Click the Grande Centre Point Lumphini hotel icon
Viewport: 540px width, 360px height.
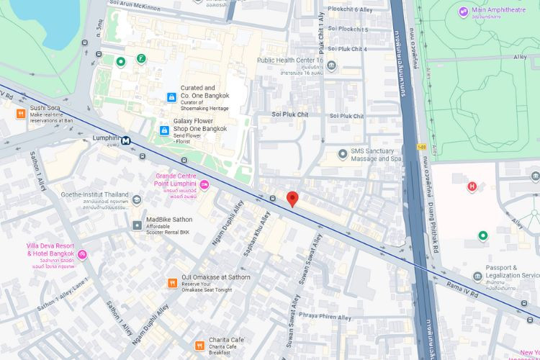point(204,185)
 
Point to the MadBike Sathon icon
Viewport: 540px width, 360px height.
point(137,225)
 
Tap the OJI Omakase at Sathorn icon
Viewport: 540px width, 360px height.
point(172,283)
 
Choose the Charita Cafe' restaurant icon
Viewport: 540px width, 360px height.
point(199,346)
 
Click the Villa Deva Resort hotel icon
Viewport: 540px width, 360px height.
point(83,254)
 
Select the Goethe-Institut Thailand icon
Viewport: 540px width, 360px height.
point(137,199)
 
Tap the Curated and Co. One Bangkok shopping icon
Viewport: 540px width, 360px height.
point(171,97)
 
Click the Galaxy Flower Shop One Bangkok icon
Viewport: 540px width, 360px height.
point(164,130)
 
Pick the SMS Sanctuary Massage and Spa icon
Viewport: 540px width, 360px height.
point(343,154)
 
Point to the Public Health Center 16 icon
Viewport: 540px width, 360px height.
point(331,66)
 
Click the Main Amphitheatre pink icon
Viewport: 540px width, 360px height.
point(463,11)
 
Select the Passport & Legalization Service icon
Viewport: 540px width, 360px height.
point(477,277)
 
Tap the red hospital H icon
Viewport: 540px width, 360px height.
point(472,187)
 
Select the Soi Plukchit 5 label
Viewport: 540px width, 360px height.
point(348,30)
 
